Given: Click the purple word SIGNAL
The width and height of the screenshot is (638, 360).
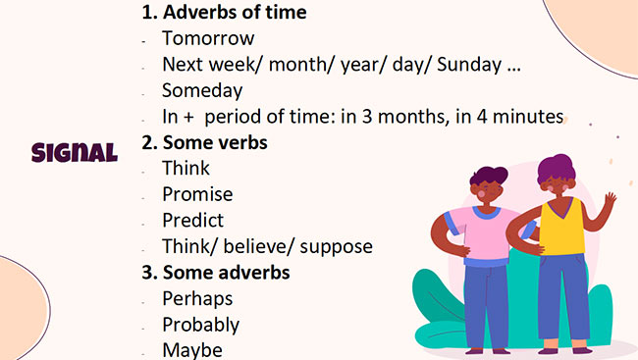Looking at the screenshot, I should click(75, 152).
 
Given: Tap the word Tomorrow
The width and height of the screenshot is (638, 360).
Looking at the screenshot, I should click(208, 39).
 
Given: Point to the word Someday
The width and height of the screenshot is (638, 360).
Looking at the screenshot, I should click(202, 90).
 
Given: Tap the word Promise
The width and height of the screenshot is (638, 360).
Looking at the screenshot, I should click(197, 194).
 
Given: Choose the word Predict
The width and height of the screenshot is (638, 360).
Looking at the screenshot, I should click(192, 220).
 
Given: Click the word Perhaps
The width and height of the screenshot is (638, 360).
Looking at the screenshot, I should click(197, 298).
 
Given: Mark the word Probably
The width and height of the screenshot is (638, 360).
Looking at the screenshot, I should click(200, 325).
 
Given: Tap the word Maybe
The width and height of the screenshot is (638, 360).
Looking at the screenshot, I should click(192, 349).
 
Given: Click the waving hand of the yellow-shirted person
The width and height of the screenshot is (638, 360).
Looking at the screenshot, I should click(609, 203).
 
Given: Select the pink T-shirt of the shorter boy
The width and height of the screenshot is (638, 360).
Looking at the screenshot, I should click(480, 235).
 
